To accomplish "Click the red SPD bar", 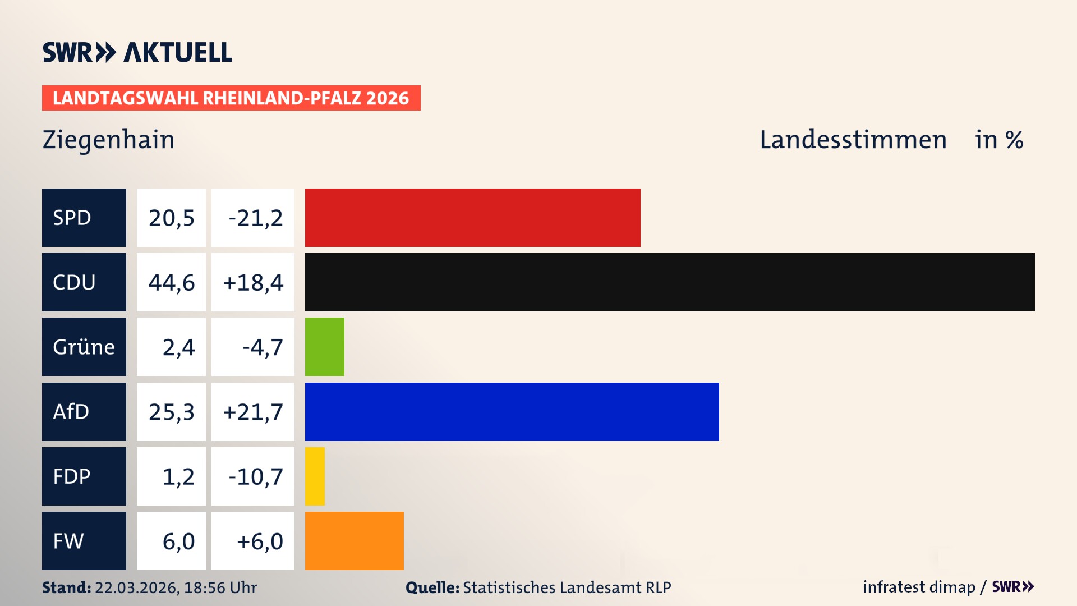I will pos(472,218).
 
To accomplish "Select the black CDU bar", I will pos(670,282).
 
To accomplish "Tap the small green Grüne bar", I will pos(324,347).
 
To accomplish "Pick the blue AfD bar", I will pos(512,412).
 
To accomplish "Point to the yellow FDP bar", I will pos(315,476).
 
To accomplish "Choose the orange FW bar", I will pos(354,541).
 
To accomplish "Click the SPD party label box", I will pos(84,218).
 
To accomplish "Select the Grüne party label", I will pos(84,347).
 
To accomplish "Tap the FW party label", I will pos(84,541).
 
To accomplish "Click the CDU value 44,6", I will pos(172,282).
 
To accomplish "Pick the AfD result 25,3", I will pos(172,412).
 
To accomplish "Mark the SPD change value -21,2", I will pos(255,218).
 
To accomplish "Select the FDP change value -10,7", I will pos(255,476).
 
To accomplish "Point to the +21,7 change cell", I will pos(253,412).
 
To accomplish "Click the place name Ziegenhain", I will pos(108,140).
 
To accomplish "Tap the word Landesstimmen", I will pos(853,140).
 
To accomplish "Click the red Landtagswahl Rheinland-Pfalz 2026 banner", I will pos(231,98).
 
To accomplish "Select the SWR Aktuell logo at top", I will pos(137,52).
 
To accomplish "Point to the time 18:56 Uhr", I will pos(220,587).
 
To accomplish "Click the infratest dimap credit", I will pos(919,587).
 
